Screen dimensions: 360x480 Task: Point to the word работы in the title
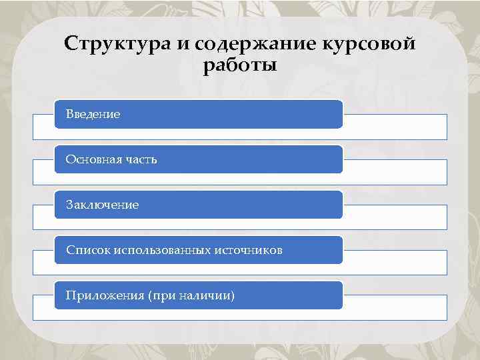[239, 67]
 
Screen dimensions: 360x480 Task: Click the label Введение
[93, 115]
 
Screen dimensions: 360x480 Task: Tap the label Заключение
[102, 205]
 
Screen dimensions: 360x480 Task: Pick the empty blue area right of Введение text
[233, 115]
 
